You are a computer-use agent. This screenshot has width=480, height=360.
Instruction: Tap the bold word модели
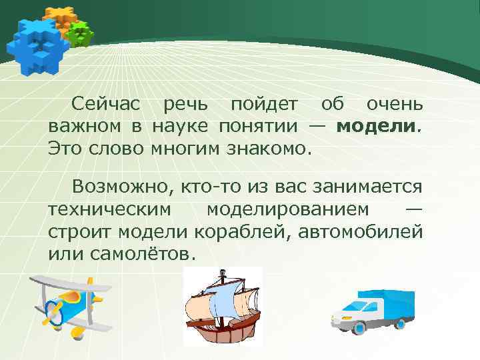tap(377, 125)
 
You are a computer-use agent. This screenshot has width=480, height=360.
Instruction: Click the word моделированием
tap(287, 209)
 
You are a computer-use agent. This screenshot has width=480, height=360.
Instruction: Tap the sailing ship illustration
tap(221, 303)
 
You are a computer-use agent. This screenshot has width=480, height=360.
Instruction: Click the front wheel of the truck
tap(359, 327)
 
